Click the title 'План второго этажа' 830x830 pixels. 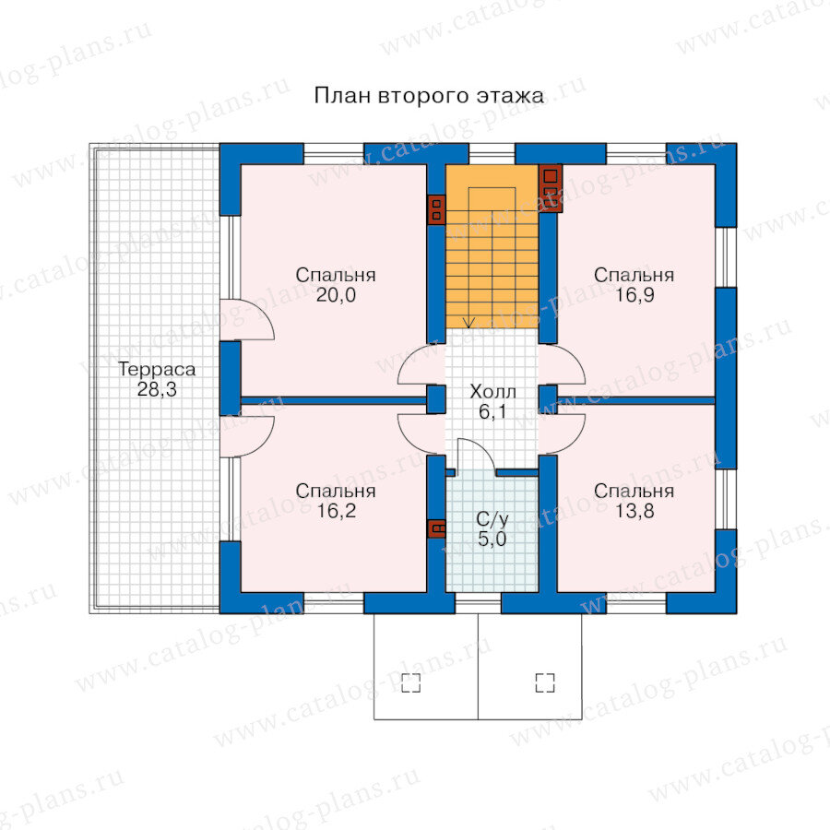coord(429,96)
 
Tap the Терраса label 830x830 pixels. coord(157,369)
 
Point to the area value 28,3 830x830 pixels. coord(157,389)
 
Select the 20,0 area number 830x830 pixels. coord(336,295)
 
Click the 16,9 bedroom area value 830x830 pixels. coord(634,295)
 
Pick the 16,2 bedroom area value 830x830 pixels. coord(336,511)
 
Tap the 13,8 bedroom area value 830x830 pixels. coord(634,511)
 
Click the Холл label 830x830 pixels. coord(492,392)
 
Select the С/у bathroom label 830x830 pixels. coord(492,519)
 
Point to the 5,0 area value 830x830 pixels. coord(492,539)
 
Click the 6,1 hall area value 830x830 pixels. coord(492,412)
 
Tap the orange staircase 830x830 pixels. coord(492,246)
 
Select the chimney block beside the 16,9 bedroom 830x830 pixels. coord(551,188)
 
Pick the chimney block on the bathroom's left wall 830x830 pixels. coord(437,528)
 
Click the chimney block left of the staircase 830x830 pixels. coord(437,209)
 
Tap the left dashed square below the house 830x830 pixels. coord(410,682)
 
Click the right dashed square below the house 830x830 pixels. coord(545,682)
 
